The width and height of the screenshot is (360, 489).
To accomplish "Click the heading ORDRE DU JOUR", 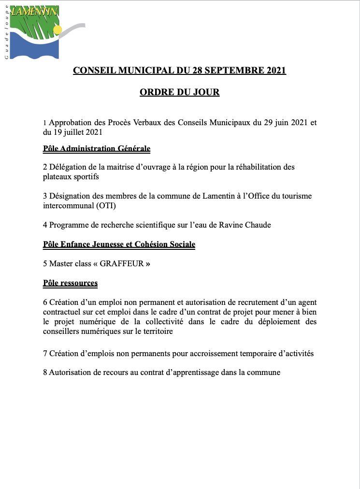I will point(180,92).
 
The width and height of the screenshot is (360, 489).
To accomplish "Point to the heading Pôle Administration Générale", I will point(97,149).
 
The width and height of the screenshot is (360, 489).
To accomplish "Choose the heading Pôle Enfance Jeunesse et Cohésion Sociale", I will point(119,244).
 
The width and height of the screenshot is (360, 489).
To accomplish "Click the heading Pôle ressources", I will point(70,283).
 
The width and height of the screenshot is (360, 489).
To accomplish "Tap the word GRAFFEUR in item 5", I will point(121,264).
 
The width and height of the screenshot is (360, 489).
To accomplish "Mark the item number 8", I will point(45,373).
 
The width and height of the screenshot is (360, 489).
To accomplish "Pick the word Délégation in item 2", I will point(67,167).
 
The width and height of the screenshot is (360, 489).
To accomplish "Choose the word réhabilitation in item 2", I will point(259,167).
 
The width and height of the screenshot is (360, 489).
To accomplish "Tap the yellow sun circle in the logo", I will point(58,30).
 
